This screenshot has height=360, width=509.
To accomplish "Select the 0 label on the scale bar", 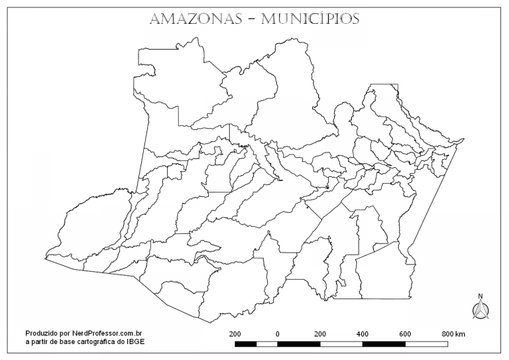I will [277, 333].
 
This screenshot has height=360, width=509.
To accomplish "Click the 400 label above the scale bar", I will [363, 333].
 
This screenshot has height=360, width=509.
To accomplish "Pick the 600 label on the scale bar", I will [405, 333].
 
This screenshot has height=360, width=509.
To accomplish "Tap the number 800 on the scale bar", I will [447, 333].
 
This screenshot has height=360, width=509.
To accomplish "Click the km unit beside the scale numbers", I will [460, 333].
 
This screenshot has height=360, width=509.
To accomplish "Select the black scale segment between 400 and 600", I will [384, 344].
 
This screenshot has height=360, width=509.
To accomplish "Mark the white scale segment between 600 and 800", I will [426, 344].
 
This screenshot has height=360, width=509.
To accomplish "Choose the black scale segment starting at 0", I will [298, 344].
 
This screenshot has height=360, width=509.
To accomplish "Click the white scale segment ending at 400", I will [341, 344].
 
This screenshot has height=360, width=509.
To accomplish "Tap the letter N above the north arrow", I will [481, 296].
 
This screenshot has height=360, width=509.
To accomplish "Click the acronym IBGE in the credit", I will [136, 342].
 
